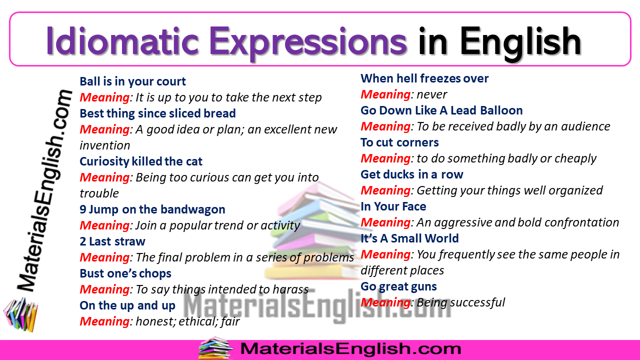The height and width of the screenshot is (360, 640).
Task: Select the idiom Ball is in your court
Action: click(132, 81)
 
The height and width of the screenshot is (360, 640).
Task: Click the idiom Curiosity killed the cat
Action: click(141, 161)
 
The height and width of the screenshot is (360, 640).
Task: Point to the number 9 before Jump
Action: click(83, 209)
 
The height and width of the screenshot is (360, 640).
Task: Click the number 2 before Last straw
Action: click(83, 241)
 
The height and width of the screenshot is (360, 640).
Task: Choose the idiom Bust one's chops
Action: click(125, 273)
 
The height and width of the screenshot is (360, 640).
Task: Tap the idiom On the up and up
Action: click(127, 305)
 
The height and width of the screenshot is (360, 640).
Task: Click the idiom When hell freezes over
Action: click(424, 78)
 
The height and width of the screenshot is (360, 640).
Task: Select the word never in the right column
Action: click(431, 94)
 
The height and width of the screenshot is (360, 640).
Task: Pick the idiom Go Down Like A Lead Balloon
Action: click(441, 110)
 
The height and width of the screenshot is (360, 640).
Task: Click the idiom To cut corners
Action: click(399, 142)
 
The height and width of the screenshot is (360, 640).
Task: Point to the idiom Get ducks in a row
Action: click(412, 174)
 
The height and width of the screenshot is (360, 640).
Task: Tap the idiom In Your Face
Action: click(393, 206)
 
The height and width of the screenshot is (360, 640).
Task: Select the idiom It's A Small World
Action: click(409, 238)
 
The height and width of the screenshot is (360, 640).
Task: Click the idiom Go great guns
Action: click(398, 286)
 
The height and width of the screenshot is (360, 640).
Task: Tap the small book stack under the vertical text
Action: click(21, 314)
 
